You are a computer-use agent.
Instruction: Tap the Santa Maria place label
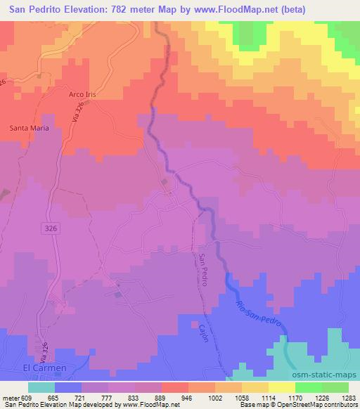point(27,128)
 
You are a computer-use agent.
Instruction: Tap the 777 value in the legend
point(108,397)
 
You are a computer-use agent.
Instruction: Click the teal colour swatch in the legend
point(41,387)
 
